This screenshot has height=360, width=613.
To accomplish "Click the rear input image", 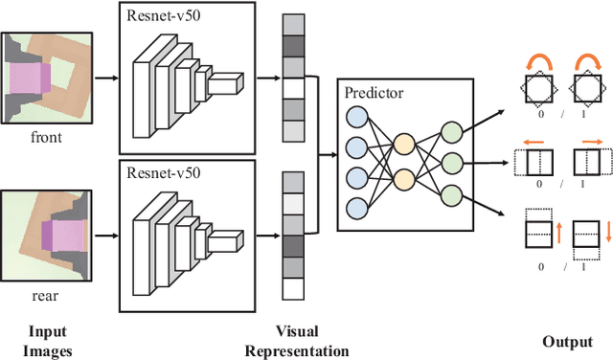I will [x=49, y=236].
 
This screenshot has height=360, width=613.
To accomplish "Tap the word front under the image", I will [x=46, y=137].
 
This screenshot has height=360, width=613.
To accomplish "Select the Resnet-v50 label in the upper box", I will [x=159, y=15].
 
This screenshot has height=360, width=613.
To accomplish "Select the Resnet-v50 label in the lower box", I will [x=159, y=173].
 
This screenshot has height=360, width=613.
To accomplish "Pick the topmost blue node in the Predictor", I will [x=356, y=117].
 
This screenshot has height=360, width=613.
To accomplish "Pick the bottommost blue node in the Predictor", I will [x=356, y=208].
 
